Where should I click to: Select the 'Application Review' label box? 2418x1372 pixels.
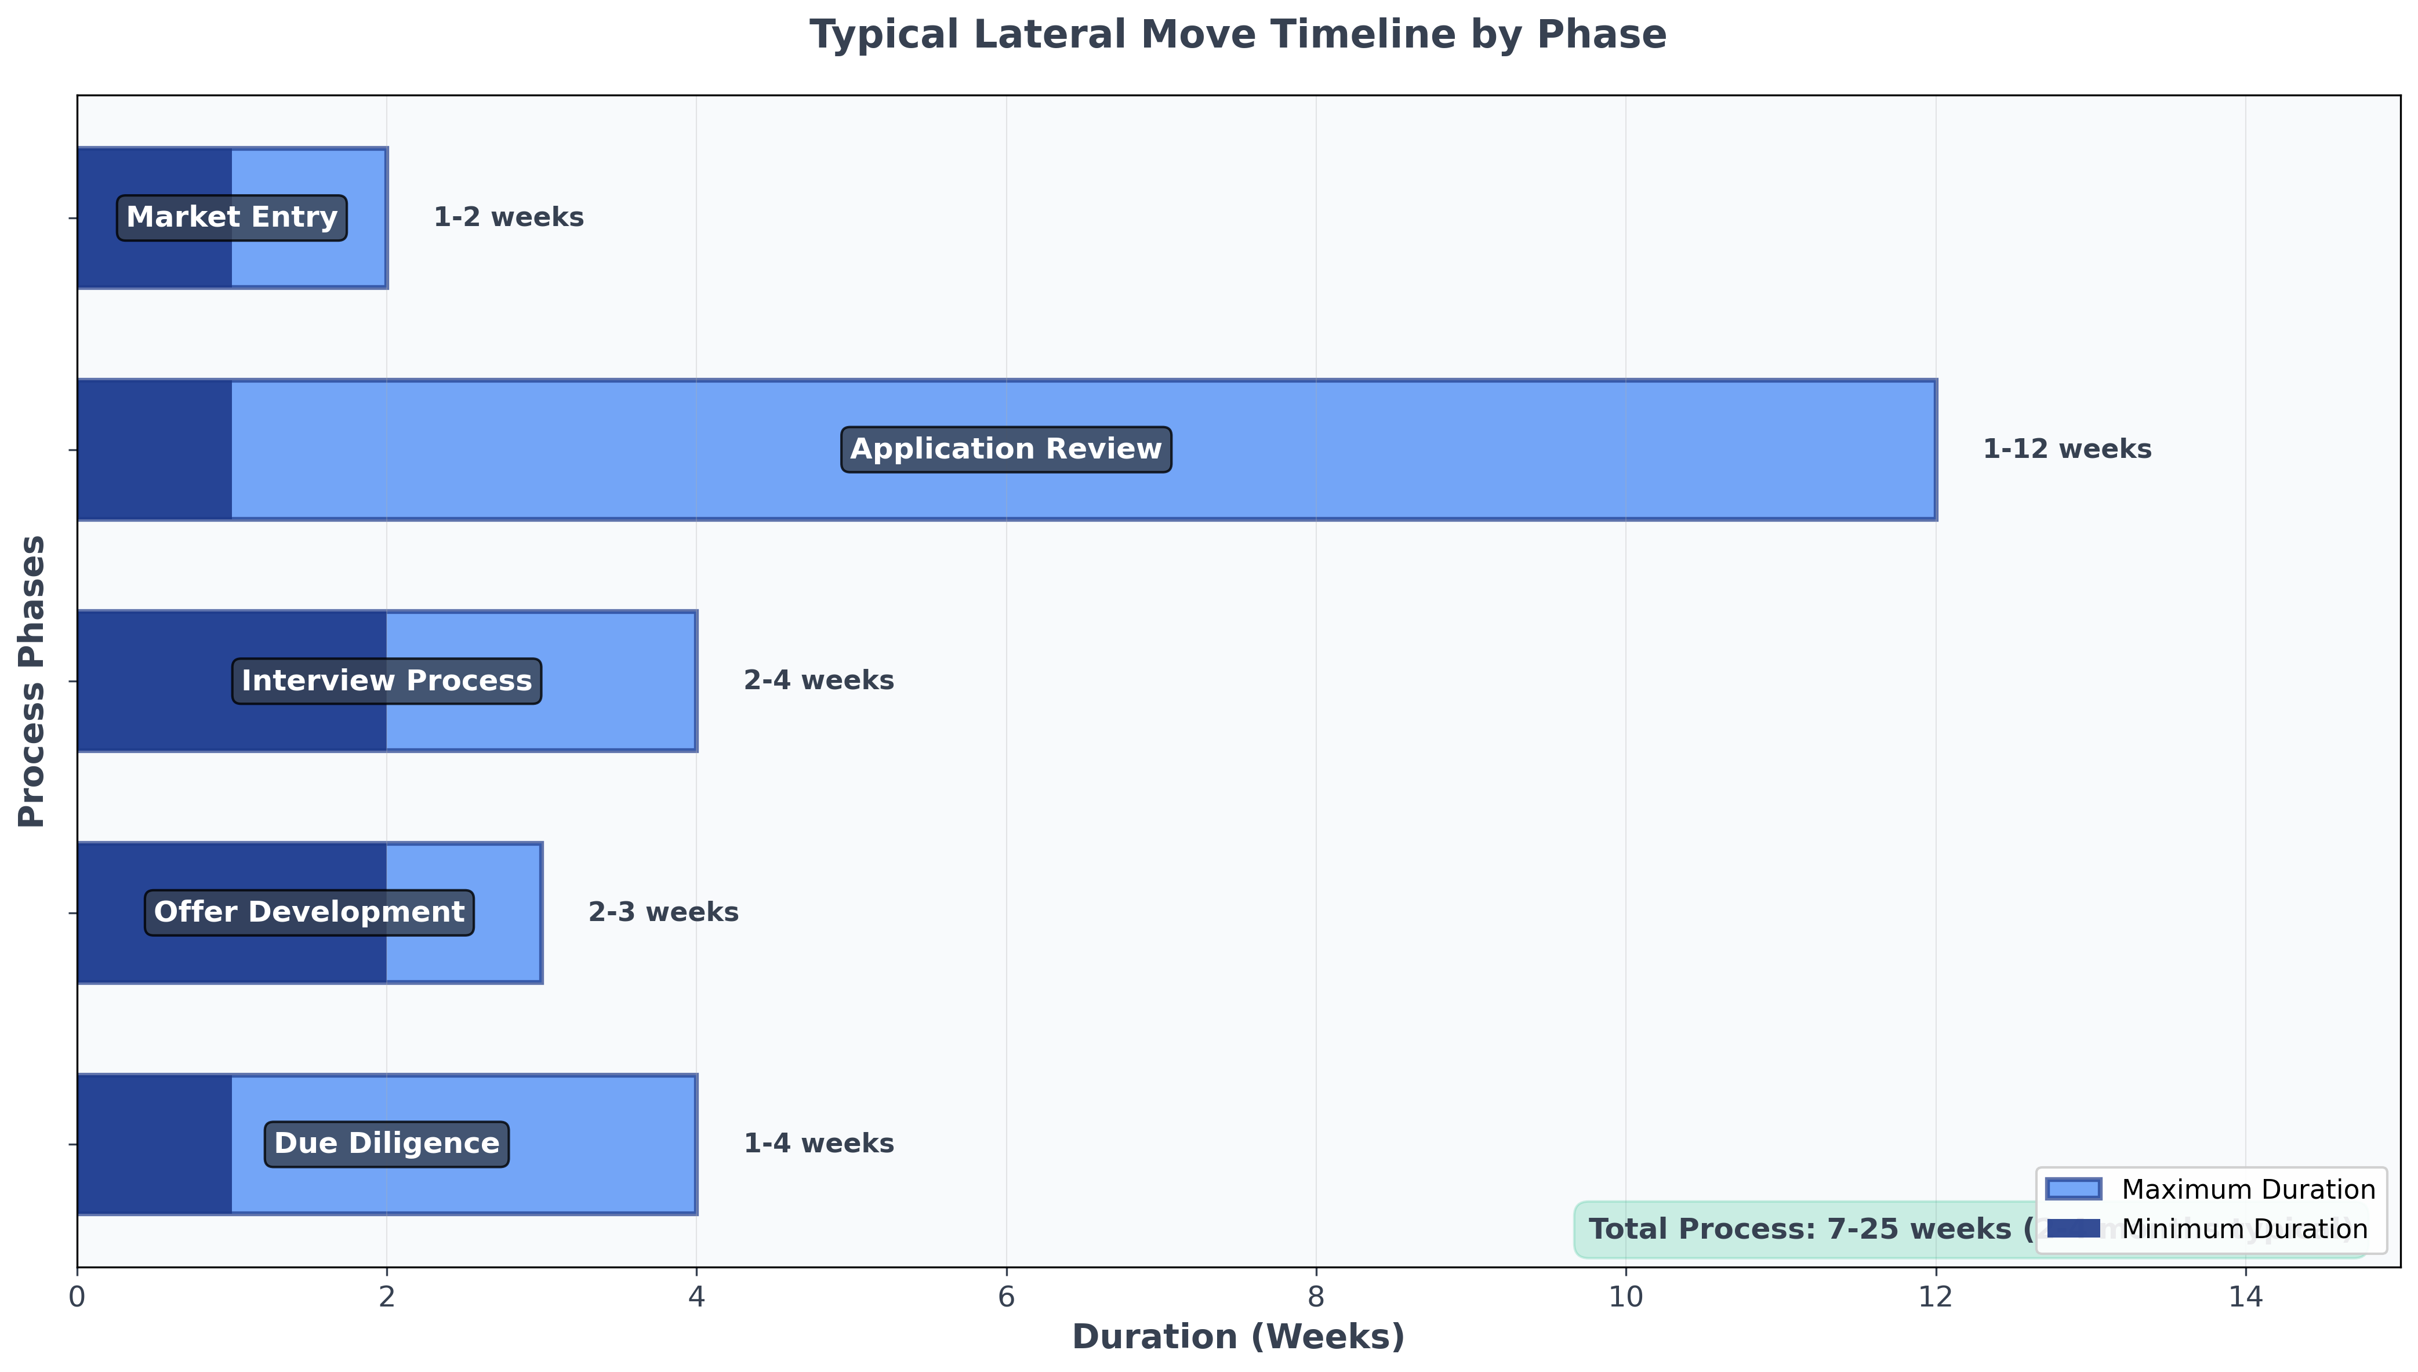(1006, 449)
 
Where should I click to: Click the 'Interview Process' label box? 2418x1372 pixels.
(387, 681)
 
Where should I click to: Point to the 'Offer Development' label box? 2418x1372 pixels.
(308, 912)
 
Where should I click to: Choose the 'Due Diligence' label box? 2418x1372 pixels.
(387, 1144)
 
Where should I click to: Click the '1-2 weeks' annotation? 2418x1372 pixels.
(508, 218)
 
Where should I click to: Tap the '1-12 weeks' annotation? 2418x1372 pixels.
(2067, 449)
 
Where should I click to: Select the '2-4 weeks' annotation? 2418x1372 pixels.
(818, 681)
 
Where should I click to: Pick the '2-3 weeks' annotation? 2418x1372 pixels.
(663, 912)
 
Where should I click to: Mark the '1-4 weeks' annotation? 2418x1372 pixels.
(818, 1144)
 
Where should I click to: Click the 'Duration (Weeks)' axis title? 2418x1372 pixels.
(1238, 1337)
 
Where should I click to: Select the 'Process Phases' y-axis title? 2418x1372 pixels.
(32, 681)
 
